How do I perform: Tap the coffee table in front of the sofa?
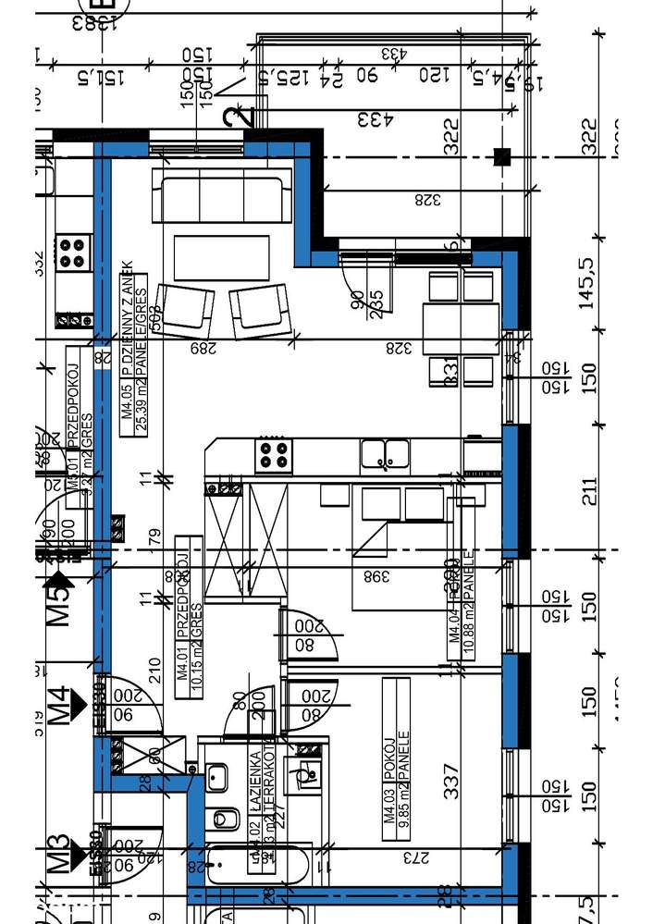222,258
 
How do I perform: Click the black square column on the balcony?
502,157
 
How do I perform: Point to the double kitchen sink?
387,453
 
